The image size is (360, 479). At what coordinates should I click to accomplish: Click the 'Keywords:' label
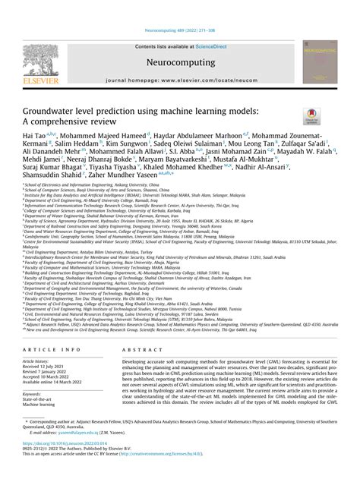[x=31, y=394]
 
